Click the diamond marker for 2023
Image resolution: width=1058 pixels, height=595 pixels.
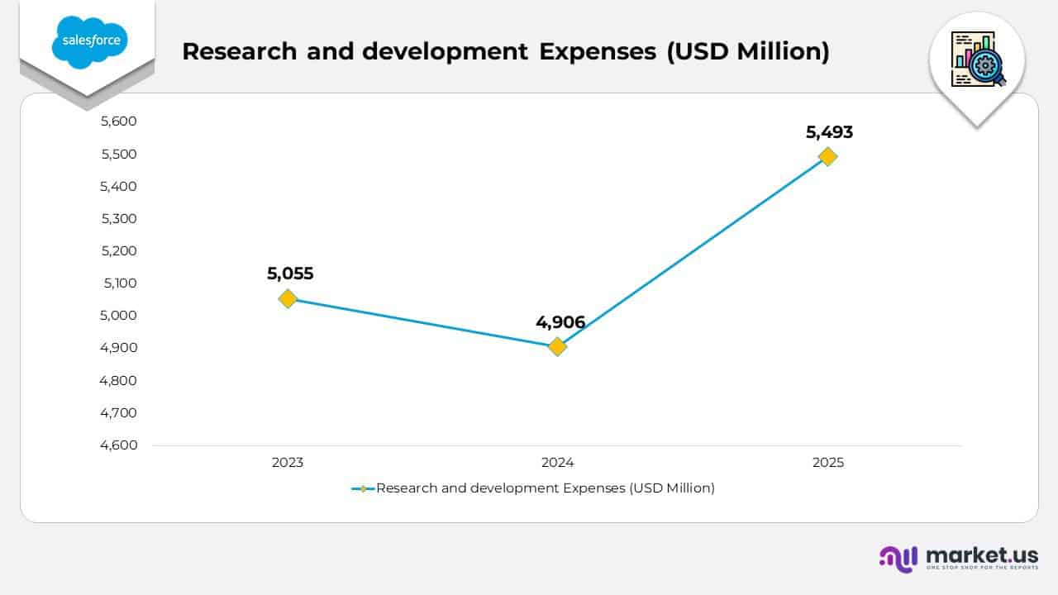pos(288,298)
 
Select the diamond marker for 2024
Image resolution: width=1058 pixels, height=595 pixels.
pos(558,346)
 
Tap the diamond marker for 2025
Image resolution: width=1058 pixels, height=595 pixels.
pos(827,156)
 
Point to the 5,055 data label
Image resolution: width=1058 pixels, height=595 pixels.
pos(290,274)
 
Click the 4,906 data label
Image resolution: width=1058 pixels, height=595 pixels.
pos(560,321)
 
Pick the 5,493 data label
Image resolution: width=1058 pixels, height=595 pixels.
pos(829,131)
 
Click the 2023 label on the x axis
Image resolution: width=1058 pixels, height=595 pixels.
pos(288,463)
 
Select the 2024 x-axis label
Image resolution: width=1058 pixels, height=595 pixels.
pos(558,463)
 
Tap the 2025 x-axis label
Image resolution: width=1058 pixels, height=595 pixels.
pos(827,463)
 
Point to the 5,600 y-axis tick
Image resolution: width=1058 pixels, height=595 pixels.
pos(118,121)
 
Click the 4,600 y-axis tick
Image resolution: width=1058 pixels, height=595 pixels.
pos(118,445)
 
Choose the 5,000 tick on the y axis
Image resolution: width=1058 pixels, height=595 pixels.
pos(118,316)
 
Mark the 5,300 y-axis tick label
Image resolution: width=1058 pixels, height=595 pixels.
pos(118,218)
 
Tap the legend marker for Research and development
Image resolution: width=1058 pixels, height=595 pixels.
pos(364,488)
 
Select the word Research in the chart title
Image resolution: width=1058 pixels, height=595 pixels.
pos(239,51)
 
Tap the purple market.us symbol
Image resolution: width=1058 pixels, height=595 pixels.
pos(898,559)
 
